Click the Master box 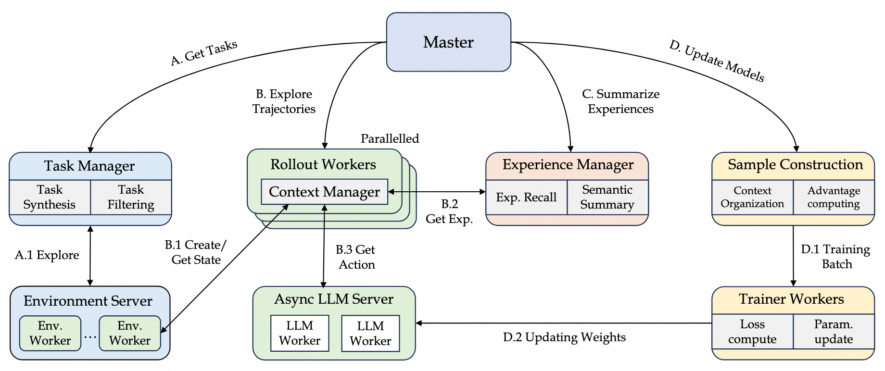pyautogui.click(x=448, y=42)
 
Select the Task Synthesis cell pyautogui.click(x=50, y=197)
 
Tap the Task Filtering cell pyautogui.click(x=131, y=197)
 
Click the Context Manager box pyautogui.click(x=324, y=192)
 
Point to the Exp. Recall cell pyautogui.click(x=526, y=198)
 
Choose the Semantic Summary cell pyautogui.click(x=607, y=197)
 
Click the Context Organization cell pyautogui.click(x=752, y=197)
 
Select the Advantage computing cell pyautogui.click(x=834, y=197)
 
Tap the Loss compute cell pyautogui.click(x=752, y=332)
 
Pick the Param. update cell pyautogui.click(x=834, y=332)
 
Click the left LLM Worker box pyautogui.click(x=300, y=333)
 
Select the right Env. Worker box pyautogui.click(x=130, y=333)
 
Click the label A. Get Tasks pyautogui.click(x=204, y=53)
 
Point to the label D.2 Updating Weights pyautogui.click(x=564, y=337)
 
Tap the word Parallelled pyautogui.click(x=390, y=139)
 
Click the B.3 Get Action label pyautogui.click(x=356, y=257)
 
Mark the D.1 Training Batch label pyautogui.click(x=836, y=257)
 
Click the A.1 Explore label pyautogui.click(x=47, y=255)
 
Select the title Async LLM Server pyautogui.click(x=334, y=299)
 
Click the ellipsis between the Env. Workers pyautogui.click(x=90, y=337)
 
